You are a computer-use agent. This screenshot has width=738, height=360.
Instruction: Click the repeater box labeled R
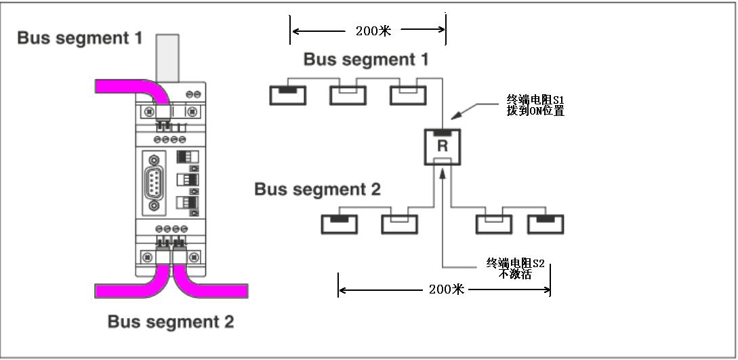click(x=442, y=146)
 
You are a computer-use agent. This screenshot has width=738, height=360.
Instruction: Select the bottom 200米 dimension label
click(x=447, y=289)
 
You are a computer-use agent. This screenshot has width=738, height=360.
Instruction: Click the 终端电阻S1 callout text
click(x=535, y=105)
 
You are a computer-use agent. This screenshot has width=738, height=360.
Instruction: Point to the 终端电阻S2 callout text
click(x=515, y=268)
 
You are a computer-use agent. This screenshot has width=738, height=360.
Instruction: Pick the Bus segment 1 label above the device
click(x=79, y=38)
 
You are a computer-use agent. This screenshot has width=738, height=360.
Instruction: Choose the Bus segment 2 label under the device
click(x=170, y=321)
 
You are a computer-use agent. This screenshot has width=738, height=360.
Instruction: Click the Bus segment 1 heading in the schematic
click(x=365, y=60)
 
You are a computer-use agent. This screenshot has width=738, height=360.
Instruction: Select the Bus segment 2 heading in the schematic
click(x=317, y=189)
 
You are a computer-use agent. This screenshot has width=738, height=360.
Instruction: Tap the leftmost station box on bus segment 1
click(x=288, y=95)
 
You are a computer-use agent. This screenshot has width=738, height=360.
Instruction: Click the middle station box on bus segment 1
click(x=348, y=95)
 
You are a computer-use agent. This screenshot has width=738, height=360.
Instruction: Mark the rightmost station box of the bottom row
click(x=546, y=224)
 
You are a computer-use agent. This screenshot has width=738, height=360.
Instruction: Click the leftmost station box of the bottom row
click(x=339, y=224)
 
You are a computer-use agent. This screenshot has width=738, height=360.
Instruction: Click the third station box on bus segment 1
click(x=408, y=95)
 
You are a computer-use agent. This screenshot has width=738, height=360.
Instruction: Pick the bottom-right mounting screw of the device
click(x=194, y=257)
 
